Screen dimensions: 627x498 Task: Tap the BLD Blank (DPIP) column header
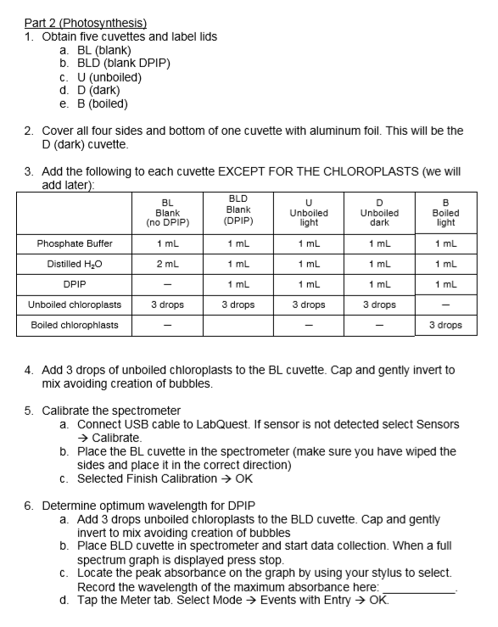pyautogui.click(x=238, y=210)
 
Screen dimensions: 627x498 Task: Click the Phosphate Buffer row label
pyautogui.click(x=75, y=244)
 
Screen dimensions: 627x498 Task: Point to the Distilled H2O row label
pyautogui.click(x=75, y=264)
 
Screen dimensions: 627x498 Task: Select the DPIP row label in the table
pyautogui.click(x=75, y=284)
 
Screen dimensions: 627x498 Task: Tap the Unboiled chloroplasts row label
pyautogui.click(x=75, y=305)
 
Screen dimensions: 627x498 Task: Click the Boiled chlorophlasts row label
pyautogui.click(x=75, y=325)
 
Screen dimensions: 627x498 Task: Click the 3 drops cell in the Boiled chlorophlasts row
pyautogui.click(x=445, y=325)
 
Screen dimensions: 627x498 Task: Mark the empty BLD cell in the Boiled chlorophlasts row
pyautogui.click(x=238, y=325)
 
